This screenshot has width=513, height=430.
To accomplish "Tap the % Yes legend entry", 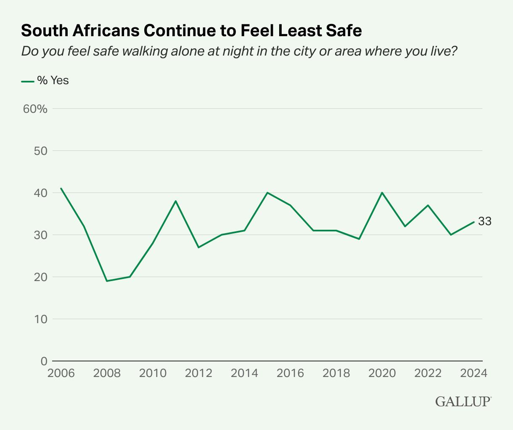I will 45,80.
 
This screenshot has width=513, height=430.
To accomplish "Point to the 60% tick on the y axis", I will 35,109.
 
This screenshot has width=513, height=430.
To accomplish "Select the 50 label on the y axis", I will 40,151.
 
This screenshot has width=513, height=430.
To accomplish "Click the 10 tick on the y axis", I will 40,319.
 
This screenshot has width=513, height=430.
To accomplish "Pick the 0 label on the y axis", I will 44,361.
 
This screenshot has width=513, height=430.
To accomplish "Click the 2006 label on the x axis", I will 61,374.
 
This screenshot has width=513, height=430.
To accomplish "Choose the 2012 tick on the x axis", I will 198,374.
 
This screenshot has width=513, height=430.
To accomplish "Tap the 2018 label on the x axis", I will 336,374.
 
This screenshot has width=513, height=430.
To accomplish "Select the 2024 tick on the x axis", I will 474,374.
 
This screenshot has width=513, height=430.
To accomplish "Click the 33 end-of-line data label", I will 485,221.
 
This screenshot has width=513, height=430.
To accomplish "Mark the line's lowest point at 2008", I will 107,281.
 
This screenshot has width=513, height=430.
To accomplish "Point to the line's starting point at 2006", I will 61,188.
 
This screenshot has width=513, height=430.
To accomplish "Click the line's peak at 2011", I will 176,201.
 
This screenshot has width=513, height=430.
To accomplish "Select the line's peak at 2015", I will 267,193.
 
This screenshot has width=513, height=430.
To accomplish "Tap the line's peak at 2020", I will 382,193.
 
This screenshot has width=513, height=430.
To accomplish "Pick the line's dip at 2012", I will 198,247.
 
